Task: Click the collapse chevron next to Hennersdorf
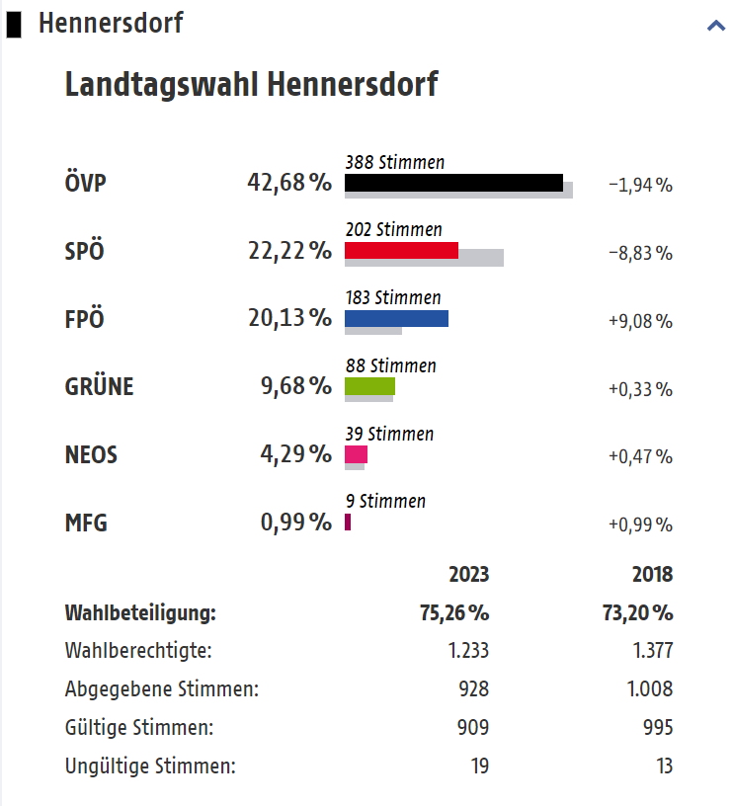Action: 716,26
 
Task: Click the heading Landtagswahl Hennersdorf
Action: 251,85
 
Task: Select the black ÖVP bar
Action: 453,183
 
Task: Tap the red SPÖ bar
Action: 401,250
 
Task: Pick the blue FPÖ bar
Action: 396,318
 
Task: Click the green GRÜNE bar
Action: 369,386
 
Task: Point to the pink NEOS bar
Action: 356,454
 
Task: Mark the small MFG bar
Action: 348,522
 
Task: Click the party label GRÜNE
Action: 99,387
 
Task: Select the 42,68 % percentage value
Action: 288,184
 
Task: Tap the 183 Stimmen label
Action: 393,297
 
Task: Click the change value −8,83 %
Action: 640,253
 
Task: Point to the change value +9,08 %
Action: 640,321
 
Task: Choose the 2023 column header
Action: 468,575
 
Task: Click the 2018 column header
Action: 652,575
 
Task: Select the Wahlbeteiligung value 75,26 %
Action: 454,613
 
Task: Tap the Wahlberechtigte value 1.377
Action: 653,651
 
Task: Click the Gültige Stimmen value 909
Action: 472,728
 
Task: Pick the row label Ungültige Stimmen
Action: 150,766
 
